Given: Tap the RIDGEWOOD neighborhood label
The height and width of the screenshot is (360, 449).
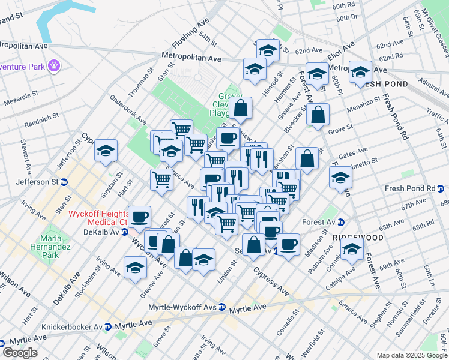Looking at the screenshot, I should point(358,238).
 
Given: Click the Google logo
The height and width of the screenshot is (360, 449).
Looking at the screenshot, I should point(19,352).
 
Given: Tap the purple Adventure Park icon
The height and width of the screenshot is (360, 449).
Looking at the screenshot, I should point(55,64).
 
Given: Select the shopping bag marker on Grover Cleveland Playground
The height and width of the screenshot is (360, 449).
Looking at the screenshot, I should point(240,109).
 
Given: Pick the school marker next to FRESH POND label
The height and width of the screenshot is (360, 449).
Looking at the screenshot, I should point(360,73).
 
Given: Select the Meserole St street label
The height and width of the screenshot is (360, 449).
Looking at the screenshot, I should point(22,98).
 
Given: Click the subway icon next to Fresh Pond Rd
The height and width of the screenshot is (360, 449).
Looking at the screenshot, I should point(440,188).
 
